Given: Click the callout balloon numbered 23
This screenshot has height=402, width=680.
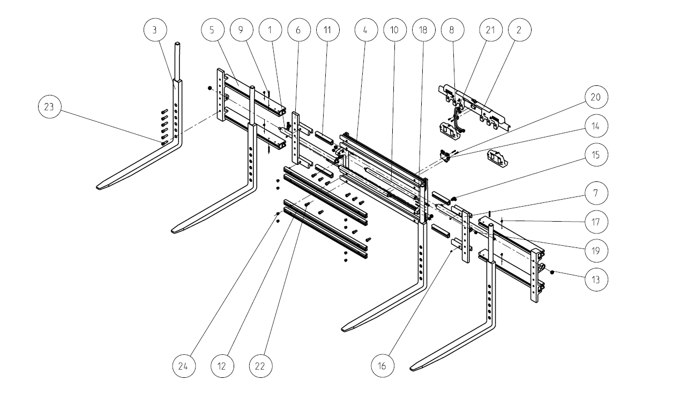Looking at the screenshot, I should (50, 107).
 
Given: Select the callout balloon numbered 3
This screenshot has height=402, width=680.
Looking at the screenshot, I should (154, 30).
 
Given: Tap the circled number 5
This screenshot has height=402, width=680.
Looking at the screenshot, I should (212, 30).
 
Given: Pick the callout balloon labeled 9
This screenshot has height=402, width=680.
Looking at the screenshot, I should (241, 30).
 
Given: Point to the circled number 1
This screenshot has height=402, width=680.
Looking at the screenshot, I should (270, 30).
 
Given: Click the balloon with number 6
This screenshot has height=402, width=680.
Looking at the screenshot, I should (298, 30).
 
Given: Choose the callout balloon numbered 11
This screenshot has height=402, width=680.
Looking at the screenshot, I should (327, 30).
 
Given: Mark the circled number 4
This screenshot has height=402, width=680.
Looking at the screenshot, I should (365, 30).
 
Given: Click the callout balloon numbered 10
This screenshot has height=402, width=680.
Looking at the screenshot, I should (394, 30).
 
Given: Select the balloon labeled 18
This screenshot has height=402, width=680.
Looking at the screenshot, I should (423, 30).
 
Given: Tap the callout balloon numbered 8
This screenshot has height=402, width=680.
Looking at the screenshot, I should (452, 30).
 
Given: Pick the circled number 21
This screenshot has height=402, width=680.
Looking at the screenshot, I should (490, 30).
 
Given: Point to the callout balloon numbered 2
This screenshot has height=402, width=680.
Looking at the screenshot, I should (519, 30).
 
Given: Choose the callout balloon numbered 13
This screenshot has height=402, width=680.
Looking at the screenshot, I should (596, 279).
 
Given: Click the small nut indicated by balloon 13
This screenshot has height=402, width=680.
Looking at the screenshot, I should (552, 273).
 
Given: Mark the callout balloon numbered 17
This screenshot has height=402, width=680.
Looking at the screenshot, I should (596, 221).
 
